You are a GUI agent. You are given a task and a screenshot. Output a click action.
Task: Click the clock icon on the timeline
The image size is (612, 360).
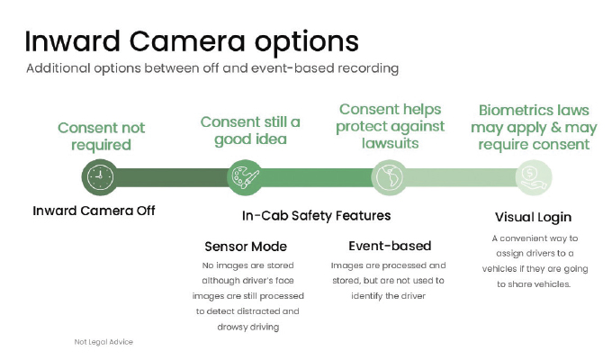[x=100, y=177]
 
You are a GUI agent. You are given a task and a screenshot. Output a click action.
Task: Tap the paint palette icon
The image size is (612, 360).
[x=245, y=177]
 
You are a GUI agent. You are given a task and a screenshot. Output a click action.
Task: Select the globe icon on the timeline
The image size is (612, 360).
[x=389, y=177]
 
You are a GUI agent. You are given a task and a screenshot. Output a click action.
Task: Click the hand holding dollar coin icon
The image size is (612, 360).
[x=534, y=177]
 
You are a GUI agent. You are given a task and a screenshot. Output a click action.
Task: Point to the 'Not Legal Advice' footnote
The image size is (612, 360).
[x=103, y=342]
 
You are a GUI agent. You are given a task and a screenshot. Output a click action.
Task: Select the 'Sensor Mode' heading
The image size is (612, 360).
[x=246, y=247]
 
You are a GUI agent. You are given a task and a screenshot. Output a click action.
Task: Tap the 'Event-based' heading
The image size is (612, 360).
[x=390, y=246]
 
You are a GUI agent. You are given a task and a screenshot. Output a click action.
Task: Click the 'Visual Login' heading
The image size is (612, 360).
[x=533, y=217]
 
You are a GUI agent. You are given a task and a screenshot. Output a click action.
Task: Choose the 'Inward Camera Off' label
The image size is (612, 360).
[x=94, y=211]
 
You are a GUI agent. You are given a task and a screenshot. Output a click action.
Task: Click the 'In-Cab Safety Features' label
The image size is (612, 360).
[x=316, y=215]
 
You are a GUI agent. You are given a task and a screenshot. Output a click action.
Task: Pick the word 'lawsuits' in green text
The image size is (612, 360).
[x=390, y=143]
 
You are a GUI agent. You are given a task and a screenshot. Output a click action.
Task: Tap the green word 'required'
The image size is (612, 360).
[x=101, y=145]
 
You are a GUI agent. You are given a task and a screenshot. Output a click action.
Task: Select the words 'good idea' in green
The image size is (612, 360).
[x=250, y=139]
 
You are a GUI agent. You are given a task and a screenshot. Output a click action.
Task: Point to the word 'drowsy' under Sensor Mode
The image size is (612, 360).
[x=232, y=327]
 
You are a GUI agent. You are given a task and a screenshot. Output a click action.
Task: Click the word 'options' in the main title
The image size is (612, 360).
[x=306, y=42]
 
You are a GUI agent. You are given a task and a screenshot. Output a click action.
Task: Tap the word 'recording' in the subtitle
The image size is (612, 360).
[x=368, y=68]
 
